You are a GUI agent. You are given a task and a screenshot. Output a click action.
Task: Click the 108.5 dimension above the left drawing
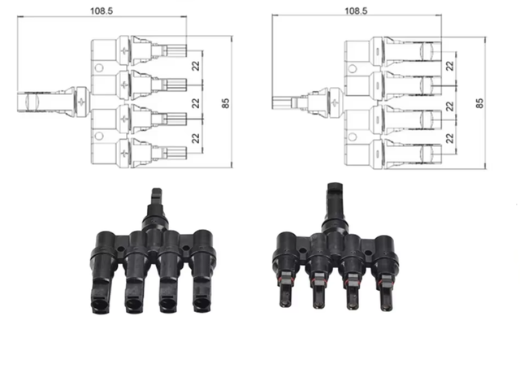102,11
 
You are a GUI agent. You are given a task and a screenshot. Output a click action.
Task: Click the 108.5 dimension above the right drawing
356,11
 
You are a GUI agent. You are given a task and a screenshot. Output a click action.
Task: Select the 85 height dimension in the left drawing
226,103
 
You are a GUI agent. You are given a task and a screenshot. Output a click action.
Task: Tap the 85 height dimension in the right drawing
479,103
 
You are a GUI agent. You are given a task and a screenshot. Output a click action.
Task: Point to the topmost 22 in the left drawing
196,66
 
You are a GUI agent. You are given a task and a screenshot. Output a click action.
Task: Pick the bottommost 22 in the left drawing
196,138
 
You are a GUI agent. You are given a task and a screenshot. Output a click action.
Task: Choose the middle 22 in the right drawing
449,106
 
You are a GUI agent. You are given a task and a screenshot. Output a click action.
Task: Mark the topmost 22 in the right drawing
449,66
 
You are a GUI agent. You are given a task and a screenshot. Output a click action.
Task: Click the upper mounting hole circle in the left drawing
99,68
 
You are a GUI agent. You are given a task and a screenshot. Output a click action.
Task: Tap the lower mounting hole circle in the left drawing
99,136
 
